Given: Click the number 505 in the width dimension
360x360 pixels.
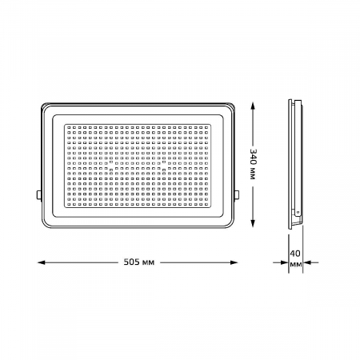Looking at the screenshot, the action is (x=131, y=262).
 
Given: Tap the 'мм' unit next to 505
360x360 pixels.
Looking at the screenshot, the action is (x=148, y=263).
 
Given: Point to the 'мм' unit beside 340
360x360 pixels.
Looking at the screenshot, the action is (x=253, y=174).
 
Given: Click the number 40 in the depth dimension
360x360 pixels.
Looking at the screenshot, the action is (x=295, y=253).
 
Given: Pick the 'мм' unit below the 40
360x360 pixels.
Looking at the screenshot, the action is (x=296, y=265).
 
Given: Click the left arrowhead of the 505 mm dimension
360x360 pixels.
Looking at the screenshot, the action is (x=42, y=262).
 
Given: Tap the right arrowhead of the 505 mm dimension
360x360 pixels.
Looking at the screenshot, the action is (x=234, y=262).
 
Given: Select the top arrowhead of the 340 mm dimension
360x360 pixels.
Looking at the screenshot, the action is (x=253, y=106).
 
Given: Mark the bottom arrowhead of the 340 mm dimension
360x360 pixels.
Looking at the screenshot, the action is (x=253, y=223).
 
